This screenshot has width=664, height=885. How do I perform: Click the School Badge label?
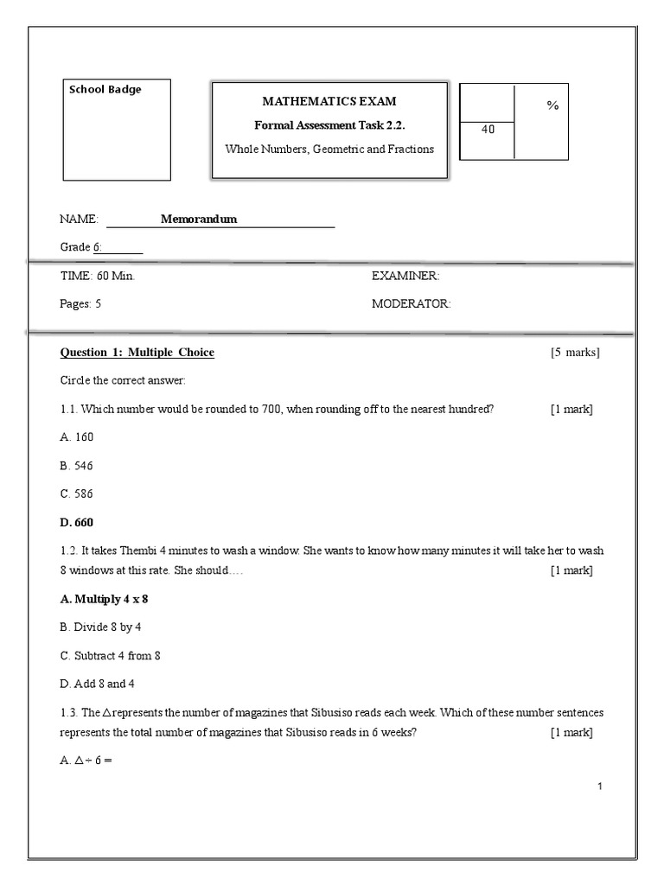click(105, 89)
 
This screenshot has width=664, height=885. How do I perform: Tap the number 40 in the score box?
click(488, 130)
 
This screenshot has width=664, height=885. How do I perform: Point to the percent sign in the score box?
click(552, 105)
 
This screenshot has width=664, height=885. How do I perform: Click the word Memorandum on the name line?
click(199, 219)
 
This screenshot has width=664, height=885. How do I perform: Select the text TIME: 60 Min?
click(97, 276)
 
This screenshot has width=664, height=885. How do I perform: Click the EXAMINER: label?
click(405, 276)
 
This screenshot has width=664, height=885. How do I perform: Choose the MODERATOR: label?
click(411, 304)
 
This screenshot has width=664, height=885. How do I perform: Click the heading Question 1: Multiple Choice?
click(137, 353)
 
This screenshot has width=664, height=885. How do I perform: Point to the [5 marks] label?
click(575, 353)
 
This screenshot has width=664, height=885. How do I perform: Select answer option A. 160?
click(76, 437)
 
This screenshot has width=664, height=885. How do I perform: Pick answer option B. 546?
click(76, 466)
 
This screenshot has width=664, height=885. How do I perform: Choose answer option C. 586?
click(76, 494)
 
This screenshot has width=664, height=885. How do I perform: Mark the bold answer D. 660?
click(77, 523)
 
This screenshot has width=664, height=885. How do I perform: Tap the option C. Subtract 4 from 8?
click(110, 656)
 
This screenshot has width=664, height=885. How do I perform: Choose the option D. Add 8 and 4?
click(97, 684)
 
